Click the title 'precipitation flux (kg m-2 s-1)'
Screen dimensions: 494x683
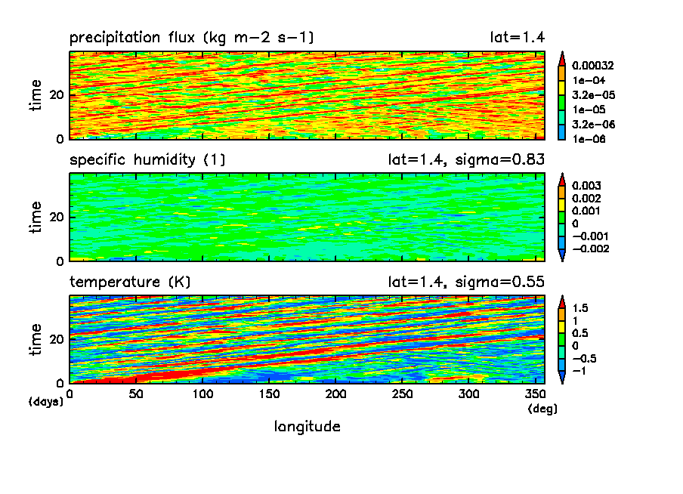click(192, 37)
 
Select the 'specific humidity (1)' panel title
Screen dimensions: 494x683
click(147, 159)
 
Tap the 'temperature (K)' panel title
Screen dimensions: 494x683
click(130, 282)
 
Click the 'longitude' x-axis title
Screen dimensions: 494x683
click(307, 427)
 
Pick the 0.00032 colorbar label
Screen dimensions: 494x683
click(596, 65)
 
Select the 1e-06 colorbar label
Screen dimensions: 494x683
click(590, 139)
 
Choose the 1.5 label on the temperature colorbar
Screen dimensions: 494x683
click(583, 307)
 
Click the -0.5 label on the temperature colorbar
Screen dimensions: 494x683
click(586, 358)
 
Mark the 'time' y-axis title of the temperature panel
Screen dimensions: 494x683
click(36, 338)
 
